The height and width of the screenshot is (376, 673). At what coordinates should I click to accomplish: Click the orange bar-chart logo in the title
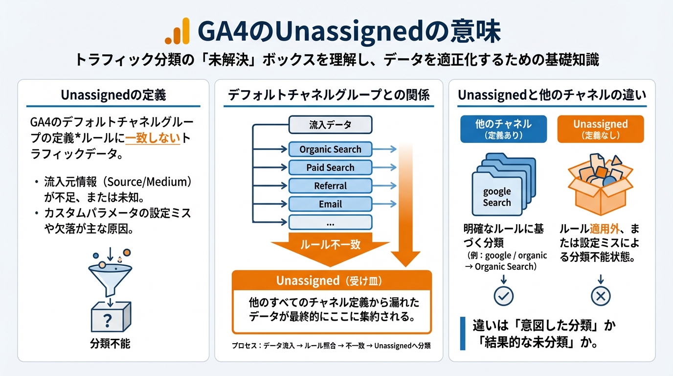(x=177, y=31)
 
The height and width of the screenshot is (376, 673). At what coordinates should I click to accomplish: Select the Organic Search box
(x=330, y=149)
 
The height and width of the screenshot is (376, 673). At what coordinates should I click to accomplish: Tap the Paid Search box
(x=330, y=167)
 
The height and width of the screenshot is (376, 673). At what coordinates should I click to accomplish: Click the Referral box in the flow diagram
(x=330, y=186)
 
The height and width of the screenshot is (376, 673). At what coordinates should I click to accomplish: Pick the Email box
(x=330, y=204)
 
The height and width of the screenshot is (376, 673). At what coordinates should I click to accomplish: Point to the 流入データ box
(x=330, y=125)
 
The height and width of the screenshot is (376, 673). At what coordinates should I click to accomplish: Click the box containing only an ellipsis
(x=330, y=223)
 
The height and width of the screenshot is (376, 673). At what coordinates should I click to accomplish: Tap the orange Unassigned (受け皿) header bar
(x=332, y=281)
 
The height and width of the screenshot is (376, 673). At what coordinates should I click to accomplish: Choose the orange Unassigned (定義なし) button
(x=601, y=129)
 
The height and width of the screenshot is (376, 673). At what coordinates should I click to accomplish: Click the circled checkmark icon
(x=503, y=296)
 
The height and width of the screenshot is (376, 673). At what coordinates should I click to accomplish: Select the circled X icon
(x=601, y=296)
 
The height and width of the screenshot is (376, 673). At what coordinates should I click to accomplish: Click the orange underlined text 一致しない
(x=153, y=139)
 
